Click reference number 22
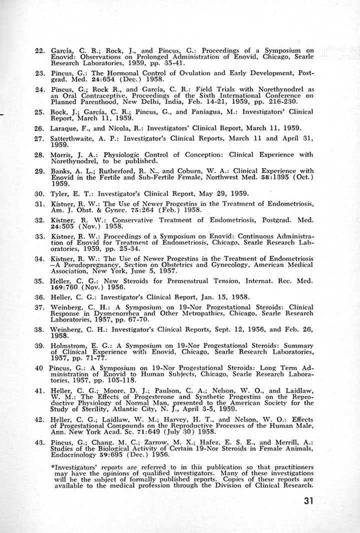(x=41, y=51)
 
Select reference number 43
(x=41, y=443)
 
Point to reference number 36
(x=41, y=296)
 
